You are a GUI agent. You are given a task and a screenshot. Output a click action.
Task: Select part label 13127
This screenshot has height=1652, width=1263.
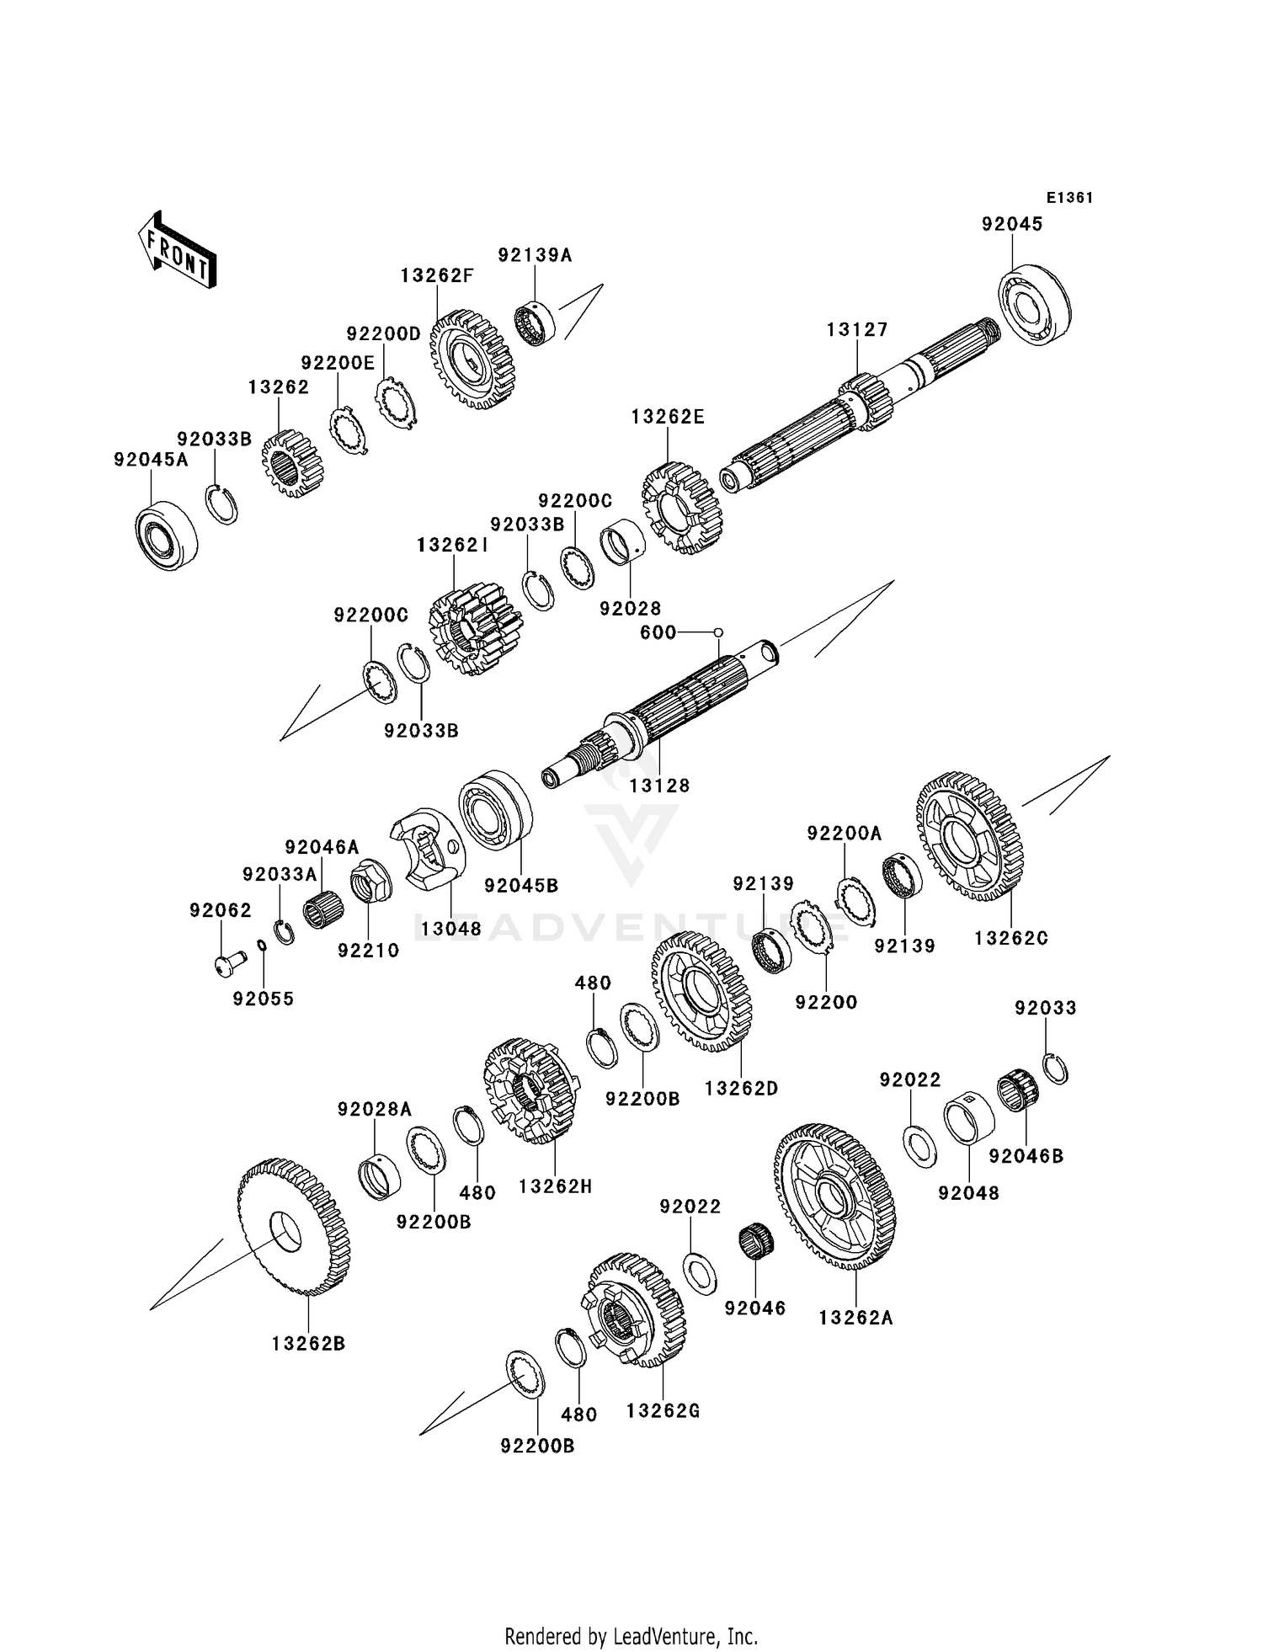857,330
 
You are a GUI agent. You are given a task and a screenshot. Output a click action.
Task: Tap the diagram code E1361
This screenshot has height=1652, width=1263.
1069,198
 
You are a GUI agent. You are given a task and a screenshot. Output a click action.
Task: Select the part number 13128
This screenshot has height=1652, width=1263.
659,786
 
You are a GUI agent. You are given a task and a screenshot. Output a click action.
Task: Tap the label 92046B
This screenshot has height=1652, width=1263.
1026,1157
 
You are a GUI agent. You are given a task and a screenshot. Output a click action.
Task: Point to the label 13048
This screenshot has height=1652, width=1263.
451,929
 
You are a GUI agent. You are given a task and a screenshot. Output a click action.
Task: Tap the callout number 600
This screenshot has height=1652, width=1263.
658,632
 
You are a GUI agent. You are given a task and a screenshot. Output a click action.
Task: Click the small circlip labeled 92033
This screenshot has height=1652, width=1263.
1056,1068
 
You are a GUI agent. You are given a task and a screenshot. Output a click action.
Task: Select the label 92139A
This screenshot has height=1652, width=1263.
535,255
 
